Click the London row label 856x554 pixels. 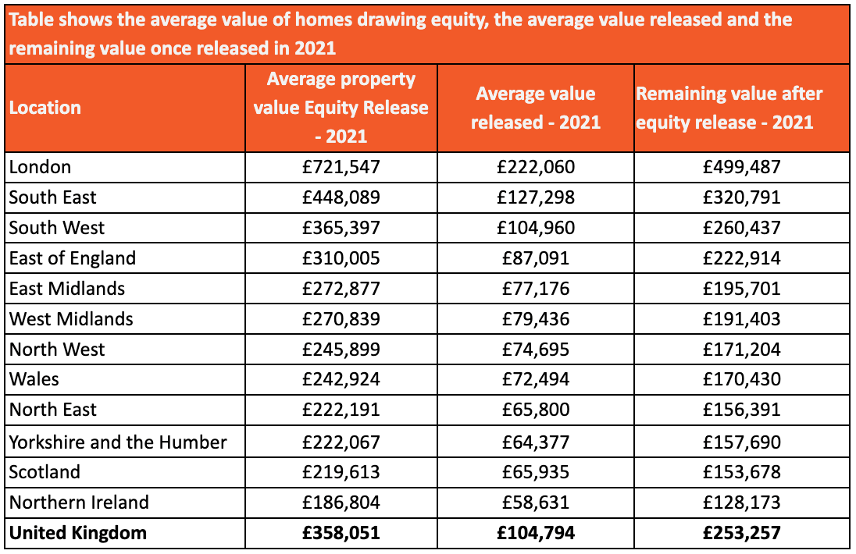[x=40, y=167]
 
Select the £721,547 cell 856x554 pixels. [x=341, y=167]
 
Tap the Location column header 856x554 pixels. [x=45, y=108]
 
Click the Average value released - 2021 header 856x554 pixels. [x=536, y=108]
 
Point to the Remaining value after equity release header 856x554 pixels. [x=729, y=108]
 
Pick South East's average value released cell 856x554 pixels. [x=536, y=197]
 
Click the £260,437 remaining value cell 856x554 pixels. [x=742, y=228]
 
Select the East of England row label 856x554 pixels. [x=73, y=258]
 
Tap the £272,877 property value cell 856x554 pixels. [x=341, y=289]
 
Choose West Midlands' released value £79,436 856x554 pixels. [x=536, y=319]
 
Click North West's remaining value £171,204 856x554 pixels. [x=742, y=350]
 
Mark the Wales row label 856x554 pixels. [x=34, y=379]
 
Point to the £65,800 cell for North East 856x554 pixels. [x=536, y=410]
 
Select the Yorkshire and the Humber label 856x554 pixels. [x=118, y=442]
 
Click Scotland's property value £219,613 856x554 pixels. [x=341, y=472]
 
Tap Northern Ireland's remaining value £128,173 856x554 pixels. [x=742, y=503]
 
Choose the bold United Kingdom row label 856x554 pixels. [x=78, y=533]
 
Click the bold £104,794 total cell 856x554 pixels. [x=536, y=533]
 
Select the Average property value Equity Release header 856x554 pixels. [x=341, y=108]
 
